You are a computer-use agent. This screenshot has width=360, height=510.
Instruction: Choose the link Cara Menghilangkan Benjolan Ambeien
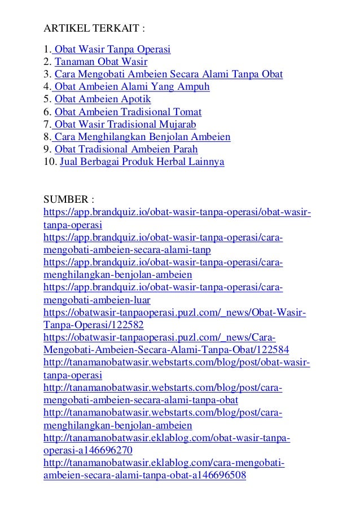[x=142, y=137]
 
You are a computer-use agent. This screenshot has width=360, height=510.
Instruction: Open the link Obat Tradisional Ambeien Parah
[x=126, y=150]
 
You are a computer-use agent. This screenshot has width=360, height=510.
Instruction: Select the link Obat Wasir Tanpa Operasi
[x=112, y=49]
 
